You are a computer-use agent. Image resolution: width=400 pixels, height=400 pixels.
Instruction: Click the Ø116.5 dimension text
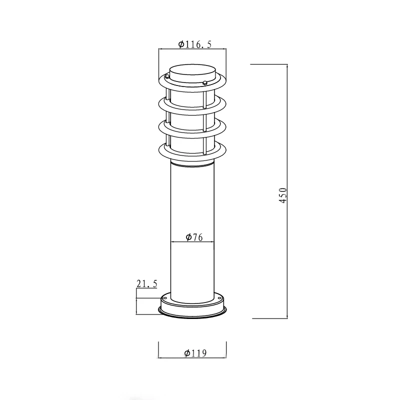(x=195, y=44)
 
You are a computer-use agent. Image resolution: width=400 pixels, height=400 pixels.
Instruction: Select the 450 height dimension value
(x=283, y=195)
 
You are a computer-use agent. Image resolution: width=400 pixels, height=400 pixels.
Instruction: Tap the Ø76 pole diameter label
(x=193, y=237)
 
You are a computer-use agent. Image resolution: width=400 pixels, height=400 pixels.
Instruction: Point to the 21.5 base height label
(x=146, y=284)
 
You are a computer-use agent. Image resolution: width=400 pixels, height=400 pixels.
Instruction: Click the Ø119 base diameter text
(x=195, y=353)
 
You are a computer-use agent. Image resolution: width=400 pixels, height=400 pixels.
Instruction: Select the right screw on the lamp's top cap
(x=204, y=83)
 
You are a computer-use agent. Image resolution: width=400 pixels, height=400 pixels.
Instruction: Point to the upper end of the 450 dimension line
(x=287, y=65)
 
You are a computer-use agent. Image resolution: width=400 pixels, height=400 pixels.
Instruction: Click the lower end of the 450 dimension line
(x=287, y=317)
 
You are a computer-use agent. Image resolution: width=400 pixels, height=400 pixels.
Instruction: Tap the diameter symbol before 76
(x=188, y=237)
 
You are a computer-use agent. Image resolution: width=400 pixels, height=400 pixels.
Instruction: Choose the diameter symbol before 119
(x=186, y=353)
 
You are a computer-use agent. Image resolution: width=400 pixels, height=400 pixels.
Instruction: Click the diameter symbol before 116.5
(x=181, y=44)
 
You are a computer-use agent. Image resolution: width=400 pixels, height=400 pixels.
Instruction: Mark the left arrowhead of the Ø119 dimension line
(x=159, y=358)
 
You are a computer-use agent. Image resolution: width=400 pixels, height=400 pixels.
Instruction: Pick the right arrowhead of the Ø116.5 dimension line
(x=225, y=49)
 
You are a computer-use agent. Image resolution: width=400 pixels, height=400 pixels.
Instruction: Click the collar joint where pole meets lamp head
(x=192, y=163)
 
